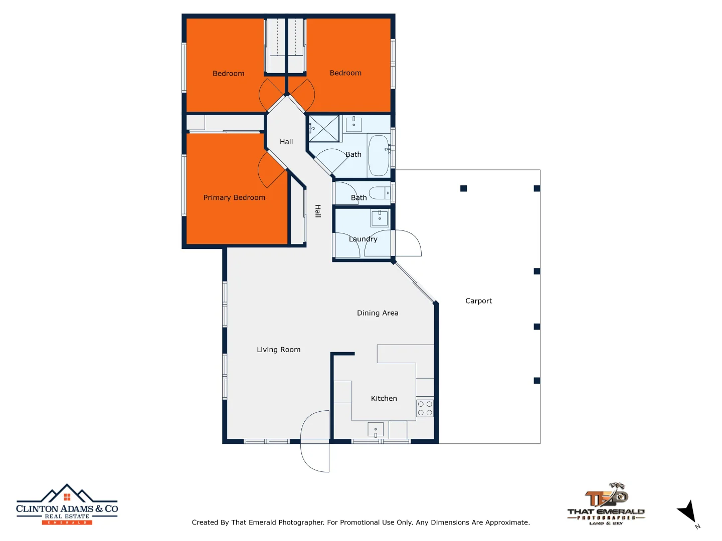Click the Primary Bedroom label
click(x=234, y=198)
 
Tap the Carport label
click(x=478, y=301)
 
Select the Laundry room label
click(x=363, y=239)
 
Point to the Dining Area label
click(x=378, y=313)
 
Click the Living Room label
click(x=278, y=350)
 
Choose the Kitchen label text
click(x=384, y=399)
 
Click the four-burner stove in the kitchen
click(x=425, y=408)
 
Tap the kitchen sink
click(x=376, y=430)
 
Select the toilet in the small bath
click(x=380, y=193)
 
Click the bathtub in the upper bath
click(x=379, y=155)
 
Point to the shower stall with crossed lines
click(x=324, y=128)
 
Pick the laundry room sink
click(x=380, y=218)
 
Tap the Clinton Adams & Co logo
click(x=67, y=504)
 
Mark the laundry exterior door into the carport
click(x=408, y=243)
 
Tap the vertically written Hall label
click(x=317, y=211)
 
